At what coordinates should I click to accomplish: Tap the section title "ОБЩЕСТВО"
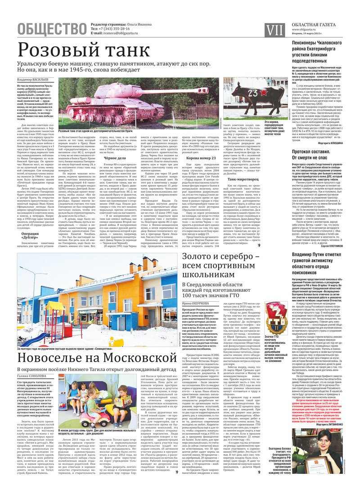point(52,28)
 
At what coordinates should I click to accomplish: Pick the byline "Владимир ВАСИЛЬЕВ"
point(34,80)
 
